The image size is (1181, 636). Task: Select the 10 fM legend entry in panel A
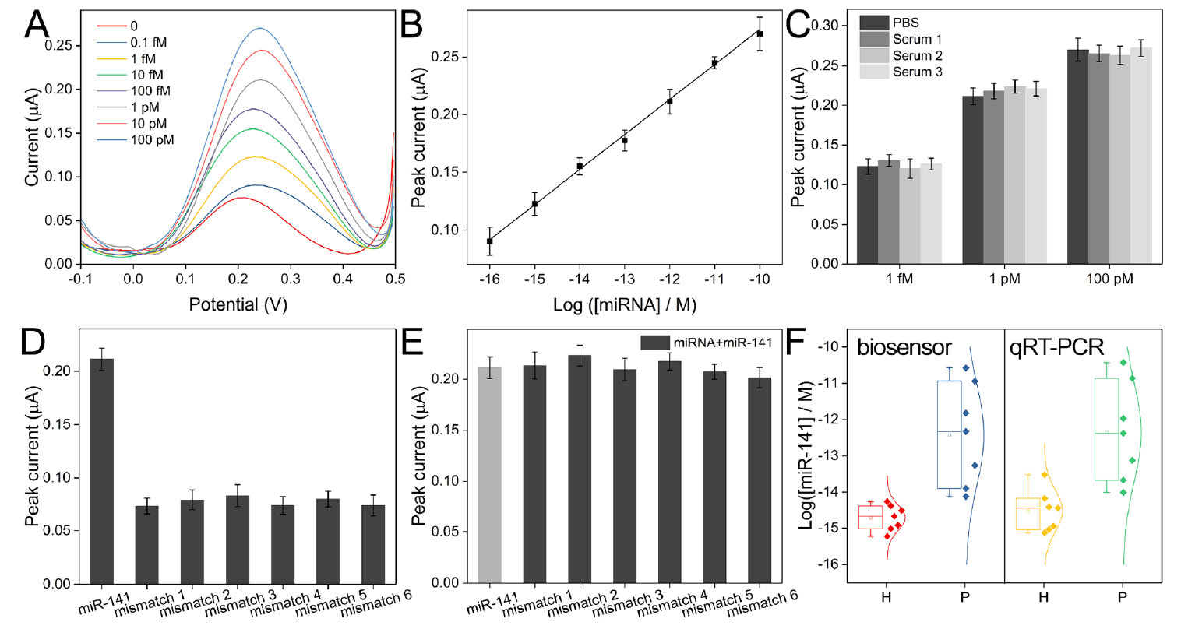pyautogui.click(x=146, y=75)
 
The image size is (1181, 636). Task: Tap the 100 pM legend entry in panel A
pyautogui.click(x=152, y=140)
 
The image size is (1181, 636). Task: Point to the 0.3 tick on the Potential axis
pyautogui.click(x=291, y=279)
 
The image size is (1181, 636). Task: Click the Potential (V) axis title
pyautogui.click(x=238, y=304)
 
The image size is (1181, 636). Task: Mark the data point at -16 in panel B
pyautogui.click(x=489, y=241)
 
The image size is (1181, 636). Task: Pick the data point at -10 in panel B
pyautogui.click(x=760, y=33)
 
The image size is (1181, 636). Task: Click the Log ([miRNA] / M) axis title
pyautogui.click(x=624, y=304)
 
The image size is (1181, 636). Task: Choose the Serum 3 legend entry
pyautogui.click(x=917, y=72)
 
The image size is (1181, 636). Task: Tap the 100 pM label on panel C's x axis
pyautogui.click(x=1109, y=279)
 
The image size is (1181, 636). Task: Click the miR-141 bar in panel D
pyautogui.click(x=102, y=471)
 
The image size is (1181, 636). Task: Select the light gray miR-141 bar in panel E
pyautogui.click(x=489, y=475)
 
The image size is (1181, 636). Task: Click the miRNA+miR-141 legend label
pyautogui.click(x=722, y=343)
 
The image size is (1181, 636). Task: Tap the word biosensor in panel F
pyautogui.click(x=904, y=347)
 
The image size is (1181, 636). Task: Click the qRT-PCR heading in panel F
pyautogui.click(x=1056, y=347)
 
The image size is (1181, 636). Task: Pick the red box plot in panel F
pyautogui.click(x=870, y=517)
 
